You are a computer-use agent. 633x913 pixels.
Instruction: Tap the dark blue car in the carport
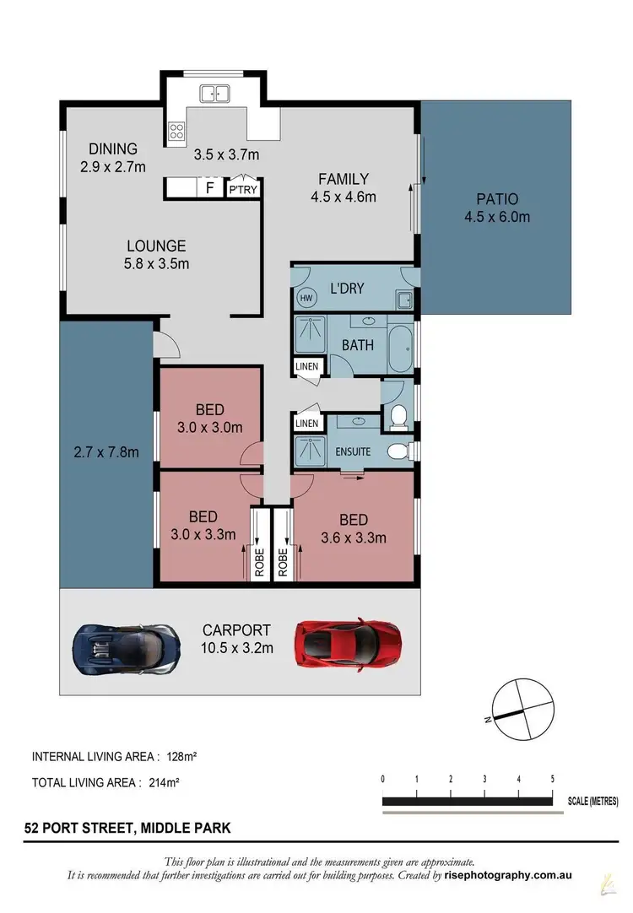pos(127,648)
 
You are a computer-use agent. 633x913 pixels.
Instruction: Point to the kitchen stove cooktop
pos(177,130)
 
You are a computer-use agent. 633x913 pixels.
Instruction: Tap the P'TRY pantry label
pos(243,190)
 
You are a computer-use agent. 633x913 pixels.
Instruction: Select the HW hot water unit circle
pos(305,298)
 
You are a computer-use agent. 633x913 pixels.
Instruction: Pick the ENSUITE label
pos(353,451)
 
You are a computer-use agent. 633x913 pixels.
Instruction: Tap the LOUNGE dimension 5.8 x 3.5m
pos(157,263)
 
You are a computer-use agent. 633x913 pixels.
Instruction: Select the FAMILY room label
pos(343,179)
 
